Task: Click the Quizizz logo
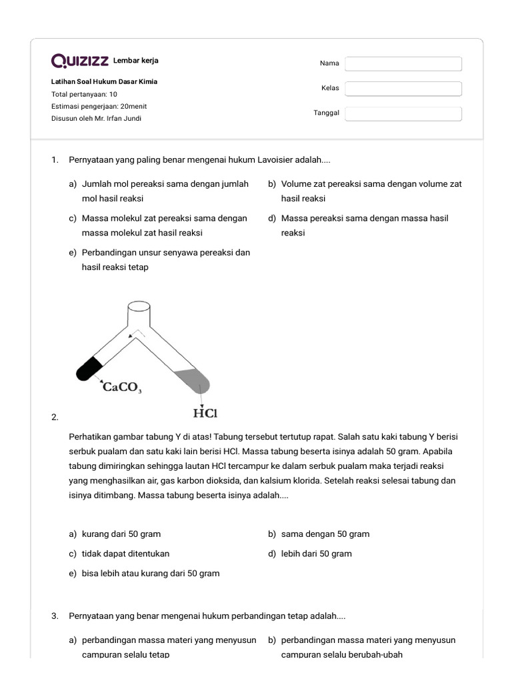[x=80, y=61]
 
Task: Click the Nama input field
[x=403, y=63]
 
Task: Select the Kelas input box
[x=403, y=89]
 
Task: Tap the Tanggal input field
[x=403, y=113]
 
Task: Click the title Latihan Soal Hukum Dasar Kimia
[x=105, y=82]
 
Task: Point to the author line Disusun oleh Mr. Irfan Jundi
[x=96, y=119]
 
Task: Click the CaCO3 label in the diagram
[x=122, y=388]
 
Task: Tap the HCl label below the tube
[x=205, y=414]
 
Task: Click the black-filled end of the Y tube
[x=89, y=369]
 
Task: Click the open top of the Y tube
[x=139, y=307]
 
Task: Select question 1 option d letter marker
[x=272, y=219]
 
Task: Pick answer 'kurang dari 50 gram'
[x=121, y=534]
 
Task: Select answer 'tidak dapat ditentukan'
[x=125, y=554]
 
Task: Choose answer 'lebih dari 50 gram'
[x=316, y=554]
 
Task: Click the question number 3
[x=55, y=616]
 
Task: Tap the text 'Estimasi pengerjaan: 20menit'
[x=99, y=107]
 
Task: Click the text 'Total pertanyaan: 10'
[x=84, y=95]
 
